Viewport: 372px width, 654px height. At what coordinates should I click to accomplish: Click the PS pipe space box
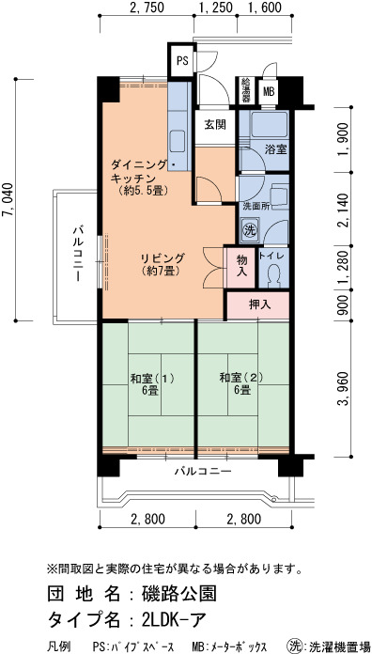click(181, 59)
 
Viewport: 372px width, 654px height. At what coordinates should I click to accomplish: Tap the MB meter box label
click(269, 91)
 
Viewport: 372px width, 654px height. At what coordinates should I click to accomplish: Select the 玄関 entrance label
click(215, 124)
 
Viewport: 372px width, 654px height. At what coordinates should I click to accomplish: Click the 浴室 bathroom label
click(276, 149)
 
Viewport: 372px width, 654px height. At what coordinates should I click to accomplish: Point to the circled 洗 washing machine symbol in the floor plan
click(249, 230)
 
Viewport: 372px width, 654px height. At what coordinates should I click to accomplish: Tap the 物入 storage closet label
click(241, 266)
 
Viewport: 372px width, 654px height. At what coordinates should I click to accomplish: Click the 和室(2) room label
click(241, 379)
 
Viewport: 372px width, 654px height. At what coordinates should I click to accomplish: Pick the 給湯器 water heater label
click(246, 90)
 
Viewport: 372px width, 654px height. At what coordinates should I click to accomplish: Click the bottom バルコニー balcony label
click(203, 472)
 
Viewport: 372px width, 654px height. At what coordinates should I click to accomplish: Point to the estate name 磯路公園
click(179, 594)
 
